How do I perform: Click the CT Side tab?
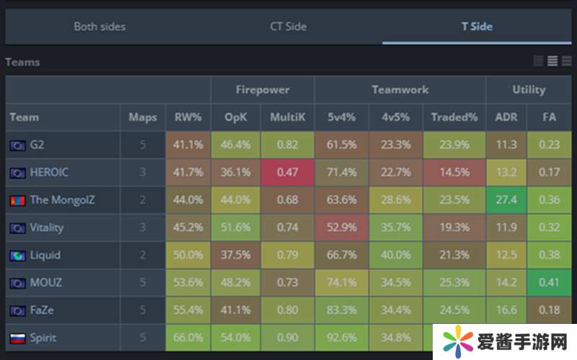288,27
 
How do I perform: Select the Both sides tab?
100,27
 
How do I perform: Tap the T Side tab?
477,27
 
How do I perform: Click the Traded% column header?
454,117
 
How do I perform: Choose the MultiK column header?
287,117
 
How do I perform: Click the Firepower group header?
263,89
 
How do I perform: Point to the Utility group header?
529,89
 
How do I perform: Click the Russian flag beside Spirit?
17,338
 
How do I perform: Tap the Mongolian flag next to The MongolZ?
17,200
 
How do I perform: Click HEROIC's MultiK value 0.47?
287,172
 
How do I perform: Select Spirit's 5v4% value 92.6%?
341,338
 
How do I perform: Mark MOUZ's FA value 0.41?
551,282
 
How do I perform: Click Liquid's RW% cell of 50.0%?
188,255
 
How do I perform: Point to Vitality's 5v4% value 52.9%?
341,227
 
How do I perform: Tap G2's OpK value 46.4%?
236,144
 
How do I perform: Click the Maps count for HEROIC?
143,172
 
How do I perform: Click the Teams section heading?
22,62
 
